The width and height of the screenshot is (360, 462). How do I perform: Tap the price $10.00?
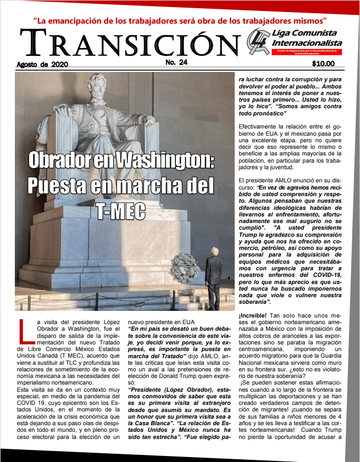coord(323,64)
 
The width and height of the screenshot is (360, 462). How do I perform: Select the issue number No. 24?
coord(176,63)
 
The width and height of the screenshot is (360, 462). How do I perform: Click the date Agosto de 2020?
coord(41,64)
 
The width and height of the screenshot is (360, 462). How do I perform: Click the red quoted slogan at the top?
coord(180,21)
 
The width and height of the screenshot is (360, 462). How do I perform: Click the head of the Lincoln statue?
coord(101,85)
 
